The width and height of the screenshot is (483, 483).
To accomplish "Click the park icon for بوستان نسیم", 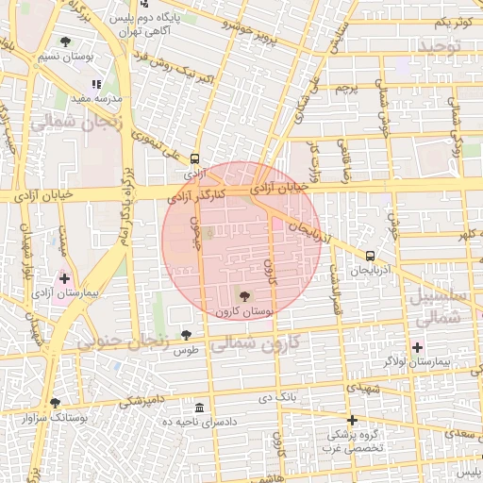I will pos(65,42).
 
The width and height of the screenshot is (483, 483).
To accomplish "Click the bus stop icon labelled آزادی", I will pos(194,158).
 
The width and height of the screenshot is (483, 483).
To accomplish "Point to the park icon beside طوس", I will pos(186,335).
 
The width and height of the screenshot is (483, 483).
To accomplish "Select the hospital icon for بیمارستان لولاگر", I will pos(417,347).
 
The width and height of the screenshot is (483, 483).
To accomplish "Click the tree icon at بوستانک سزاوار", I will pos(55,403).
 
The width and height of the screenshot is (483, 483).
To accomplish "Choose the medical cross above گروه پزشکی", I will pos(352,420).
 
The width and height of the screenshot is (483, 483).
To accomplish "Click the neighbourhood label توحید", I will pos(441,46).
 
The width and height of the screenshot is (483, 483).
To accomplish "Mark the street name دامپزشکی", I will pos(144,401).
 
